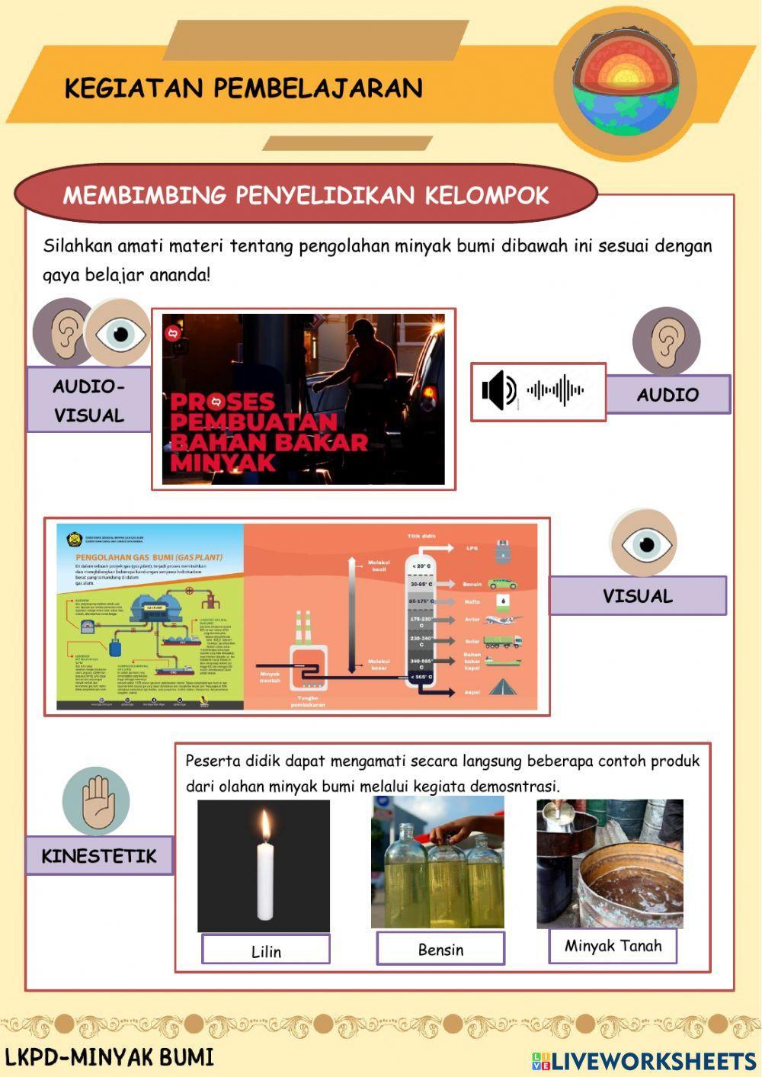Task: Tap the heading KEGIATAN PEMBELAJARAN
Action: click(x=243, y=88)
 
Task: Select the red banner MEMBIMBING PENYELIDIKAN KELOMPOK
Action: click(x=306, y=195)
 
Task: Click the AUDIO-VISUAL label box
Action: click(x=89, y=400)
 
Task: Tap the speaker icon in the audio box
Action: click(x=499, y=390)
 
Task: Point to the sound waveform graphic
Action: click(x=555, y=390)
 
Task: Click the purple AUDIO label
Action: click(x=668, y=394)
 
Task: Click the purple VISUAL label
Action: click(x=637, y=596)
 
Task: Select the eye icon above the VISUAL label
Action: click(x=644, y=543)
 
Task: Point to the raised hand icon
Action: click(x=96, y=801)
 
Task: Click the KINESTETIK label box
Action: click(x=99, y=855)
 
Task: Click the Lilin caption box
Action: click(x=266, y=950)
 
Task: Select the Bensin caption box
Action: click(x=440, y=949)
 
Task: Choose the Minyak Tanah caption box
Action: click(x=613, y=946)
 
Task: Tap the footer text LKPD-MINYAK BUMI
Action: click(x=110, y=1057)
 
